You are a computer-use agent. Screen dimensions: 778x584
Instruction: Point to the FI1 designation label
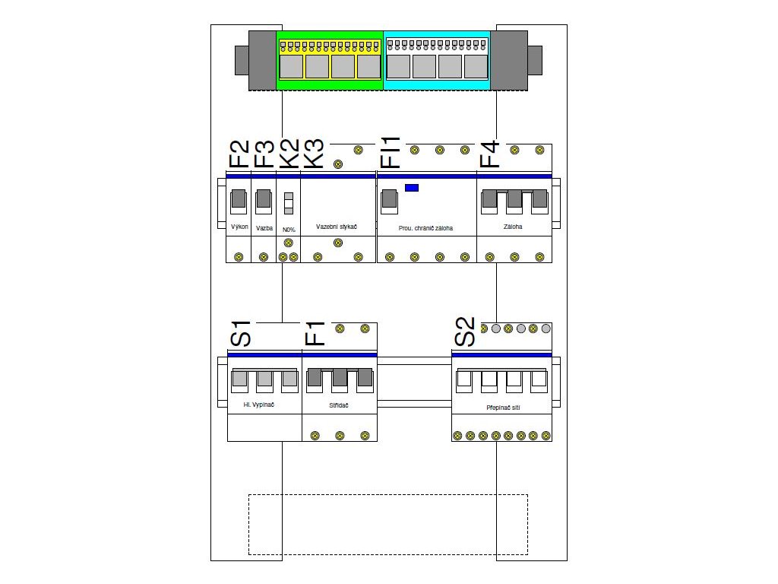click(390, 153)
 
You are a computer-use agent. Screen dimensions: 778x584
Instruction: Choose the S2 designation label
click(465, 332)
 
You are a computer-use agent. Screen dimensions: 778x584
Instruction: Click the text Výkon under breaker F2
click(239, 227)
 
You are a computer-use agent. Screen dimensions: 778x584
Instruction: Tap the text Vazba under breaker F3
click(264, 227)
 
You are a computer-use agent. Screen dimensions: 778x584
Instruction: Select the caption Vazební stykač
click(337, 227)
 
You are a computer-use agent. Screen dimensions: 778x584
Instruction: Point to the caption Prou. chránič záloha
click(425, 227)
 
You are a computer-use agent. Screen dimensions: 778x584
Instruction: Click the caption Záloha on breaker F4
click(513, 227)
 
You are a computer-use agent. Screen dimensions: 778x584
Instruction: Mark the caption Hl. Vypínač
click(258, 405)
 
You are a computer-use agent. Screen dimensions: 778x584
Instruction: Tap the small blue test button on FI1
click(412, 187)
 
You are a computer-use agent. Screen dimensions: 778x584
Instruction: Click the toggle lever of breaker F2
click(239, 199)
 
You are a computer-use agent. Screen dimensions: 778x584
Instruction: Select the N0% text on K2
click(288, 230)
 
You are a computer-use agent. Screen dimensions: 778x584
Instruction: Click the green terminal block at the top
click(329, 61)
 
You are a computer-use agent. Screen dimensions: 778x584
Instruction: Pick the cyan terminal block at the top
click(437, 61)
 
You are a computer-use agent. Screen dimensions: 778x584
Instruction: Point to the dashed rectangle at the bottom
click(387, 525)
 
